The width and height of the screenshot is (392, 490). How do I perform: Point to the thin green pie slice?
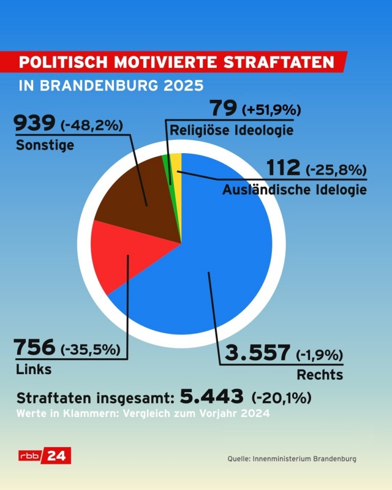(x=167, y=168)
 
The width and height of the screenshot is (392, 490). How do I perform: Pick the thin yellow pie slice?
(x=176, y=165)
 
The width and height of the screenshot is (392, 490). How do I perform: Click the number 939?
(x=35, y=125)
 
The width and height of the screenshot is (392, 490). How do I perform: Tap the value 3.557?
(x=257, y=353)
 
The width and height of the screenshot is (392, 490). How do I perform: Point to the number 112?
(x=283, y=167)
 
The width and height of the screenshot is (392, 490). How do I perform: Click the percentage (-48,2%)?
(x=92, y=126)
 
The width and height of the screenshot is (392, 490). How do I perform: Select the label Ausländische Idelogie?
(x=293, y=190)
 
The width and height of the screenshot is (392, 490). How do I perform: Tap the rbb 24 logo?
(x=45, y=456)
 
